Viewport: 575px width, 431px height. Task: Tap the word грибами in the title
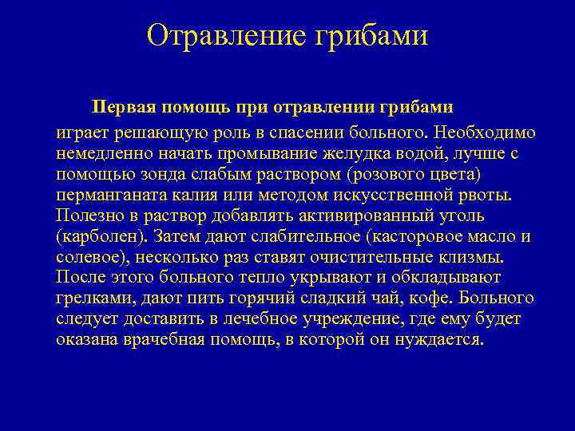pos(372,36)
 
